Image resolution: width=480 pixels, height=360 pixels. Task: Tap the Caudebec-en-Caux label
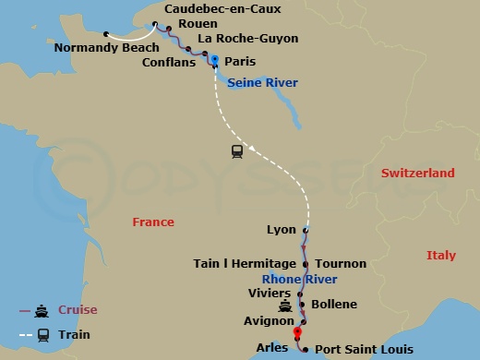pyautogui.click(x=222, y=9)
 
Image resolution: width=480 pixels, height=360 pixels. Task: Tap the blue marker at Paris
pyautogui.click(x=214, y=60)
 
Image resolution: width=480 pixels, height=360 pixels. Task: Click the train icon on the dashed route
pyautogui.click(x=237, y=151)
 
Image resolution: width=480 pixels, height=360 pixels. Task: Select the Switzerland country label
pyautogui.click(x=419, y=174)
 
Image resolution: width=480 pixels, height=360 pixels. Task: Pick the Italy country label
pyautogui.click(x=441, y=255)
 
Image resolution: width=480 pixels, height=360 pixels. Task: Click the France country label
pyautogui.click(x=153, y=222)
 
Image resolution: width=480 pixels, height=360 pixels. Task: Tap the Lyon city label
pyautogui.click(x=281, y=230)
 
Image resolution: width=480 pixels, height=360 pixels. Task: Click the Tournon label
pyautogui.click(x=341, y=264)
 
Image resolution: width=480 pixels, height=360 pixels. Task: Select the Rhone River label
pyautogui.click(x=299, y=280)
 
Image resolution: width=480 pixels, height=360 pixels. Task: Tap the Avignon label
pyautogui.click(x=268, y=322)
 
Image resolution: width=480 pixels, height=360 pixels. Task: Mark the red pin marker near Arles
pyautogui.click(x=297, y=334)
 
